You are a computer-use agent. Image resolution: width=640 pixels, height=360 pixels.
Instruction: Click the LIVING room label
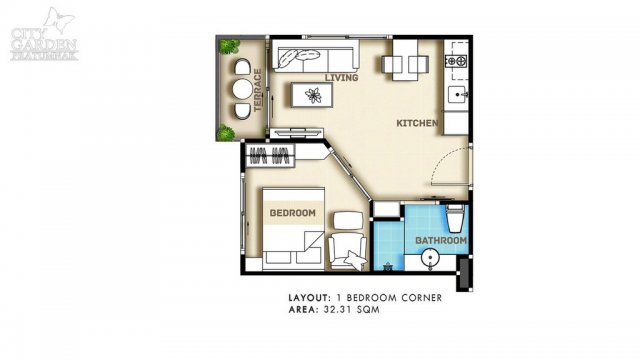[x=341, y=78]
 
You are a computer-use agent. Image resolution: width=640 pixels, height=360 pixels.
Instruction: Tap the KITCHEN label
[x=417, y=123]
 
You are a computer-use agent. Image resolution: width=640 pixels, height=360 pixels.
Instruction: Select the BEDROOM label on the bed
[x=293, y=213]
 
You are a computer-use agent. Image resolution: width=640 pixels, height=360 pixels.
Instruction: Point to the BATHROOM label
[x=441, y=240]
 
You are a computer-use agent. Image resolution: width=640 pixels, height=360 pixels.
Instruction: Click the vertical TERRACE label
[x=257, y=90]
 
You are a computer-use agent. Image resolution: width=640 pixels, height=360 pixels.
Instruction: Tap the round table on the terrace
[x=242, y=89]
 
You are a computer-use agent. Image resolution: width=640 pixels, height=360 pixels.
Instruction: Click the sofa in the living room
[x=316, y=56]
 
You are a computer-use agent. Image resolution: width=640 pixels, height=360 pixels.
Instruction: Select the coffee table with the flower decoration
[x=311, y=95]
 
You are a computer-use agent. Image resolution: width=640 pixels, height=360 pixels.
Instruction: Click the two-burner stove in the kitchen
[x=456, y=61]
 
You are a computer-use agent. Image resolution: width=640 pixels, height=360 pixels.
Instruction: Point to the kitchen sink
[x=458, y=95]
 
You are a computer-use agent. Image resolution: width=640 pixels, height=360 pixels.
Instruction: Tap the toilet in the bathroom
[x=455, y=218]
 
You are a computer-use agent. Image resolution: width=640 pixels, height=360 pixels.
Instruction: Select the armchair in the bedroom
[x=348, y=251]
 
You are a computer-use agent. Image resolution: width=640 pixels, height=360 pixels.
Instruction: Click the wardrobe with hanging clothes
[x=270, y=156]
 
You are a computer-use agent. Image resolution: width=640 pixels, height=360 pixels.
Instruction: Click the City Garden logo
[x=44, y=36]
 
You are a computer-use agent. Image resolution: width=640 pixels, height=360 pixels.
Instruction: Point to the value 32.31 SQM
[x=351, y=310]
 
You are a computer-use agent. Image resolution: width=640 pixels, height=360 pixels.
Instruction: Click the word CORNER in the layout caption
[x=422, y=298]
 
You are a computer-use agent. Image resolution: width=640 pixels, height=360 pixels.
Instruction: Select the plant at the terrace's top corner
[x=229, y=46]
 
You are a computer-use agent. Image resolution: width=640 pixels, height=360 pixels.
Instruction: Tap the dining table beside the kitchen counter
[x=405, y=60]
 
